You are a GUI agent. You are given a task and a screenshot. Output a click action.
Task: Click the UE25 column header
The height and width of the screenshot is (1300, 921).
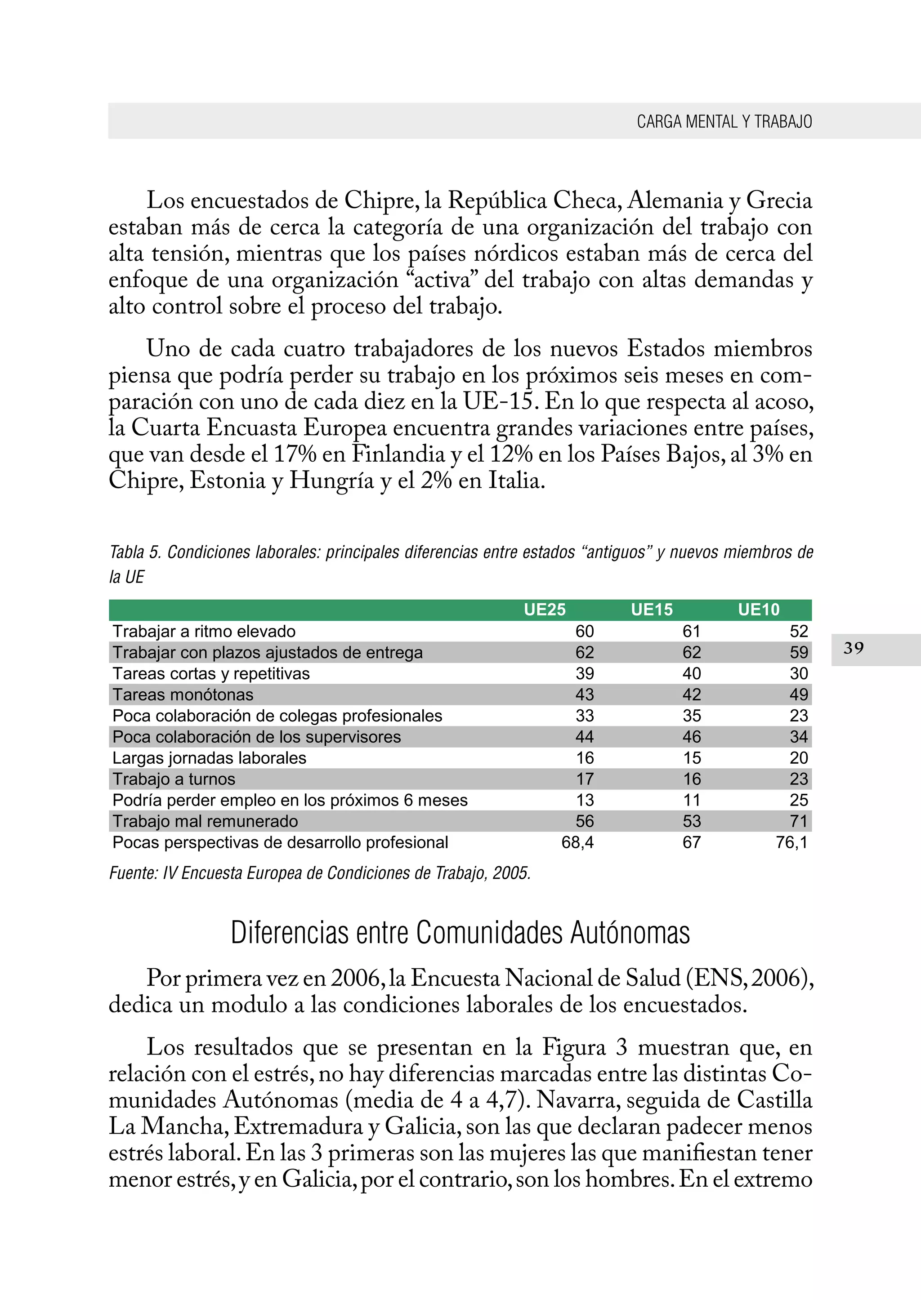(545, 610)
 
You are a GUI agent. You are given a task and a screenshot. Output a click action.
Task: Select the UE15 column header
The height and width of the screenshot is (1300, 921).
(652, 610)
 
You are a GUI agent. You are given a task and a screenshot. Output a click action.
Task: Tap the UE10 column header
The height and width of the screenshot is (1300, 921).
(758, 610)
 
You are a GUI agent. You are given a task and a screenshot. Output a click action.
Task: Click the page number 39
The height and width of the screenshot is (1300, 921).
(854, 648)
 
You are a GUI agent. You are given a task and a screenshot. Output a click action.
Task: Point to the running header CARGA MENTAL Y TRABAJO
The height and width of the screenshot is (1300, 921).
(724, 121)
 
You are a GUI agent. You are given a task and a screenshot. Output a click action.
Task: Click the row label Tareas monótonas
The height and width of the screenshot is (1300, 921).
(183, 695)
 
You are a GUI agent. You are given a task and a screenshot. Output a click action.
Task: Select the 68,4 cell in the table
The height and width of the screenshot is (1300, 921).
(577, 842)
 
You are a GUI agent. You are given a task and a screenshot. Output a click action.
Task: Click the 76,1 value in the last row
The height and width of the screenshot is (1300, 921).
(791, 842)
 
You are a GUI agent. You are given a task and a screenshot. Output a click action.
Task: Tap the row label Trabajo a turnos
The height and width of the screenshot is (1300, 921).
(174, 779)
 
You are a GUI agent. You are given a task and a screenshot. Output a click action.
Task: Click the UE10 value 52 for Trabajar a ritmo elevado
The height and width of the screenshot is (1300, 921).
(799, 631)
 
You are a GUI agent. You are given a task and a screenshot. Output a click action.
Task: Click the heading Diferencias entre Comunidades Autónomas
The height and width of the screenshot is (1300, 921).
(460, 933)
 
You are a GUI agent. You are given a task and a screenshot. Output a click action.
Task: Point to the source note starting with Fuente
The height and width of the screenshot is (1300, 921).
(320, 873)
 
